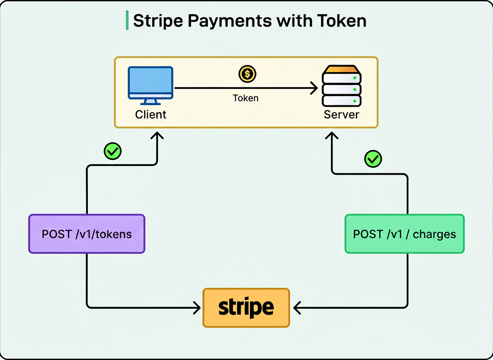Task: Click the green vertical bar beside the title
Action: click(x=127, y=21)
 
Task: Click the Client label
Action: click(x=151, y=114)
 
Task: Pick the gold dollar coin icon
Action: click(x=247, y=74)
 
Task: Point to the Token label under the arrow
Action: click(x=246, y=98)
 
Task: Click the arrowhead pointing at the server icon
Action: click(x=314, y=88)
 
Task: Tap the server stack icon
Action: click(x=341, y=85)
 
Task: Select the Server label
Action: click(x=341, y=114)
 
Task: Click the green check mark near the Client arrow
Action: click(x=112, y=151)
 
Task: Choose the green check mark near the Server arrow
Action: click(x=373, y=159)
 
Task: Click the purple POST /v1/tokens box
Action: click(x=87, y=234)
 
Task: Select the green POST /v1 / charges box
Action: click(x=404, y=234)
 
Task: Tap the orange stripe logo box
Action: click(x=246, y=307)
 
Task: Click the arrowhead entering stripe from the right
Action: click(x=296, y=308)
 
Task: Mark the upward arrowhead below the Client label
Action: click(x=157, y=136)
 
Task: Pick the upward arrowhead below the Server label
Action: click(x=331, y=136)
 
